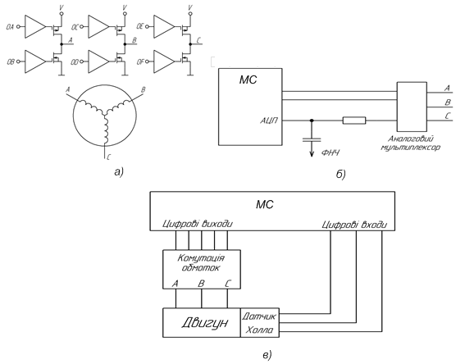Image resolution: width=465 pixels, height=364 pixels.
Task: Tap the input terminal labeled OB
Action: pos(18,62)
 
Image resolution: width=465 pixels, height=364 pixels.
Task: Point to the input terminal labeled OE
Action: pos(148,27)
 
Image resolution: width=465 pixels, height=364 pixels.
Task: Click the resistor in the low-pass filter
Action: pos(354,121)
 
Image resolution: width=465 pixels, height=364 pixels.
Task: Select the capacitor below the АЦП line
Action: pos(312,139)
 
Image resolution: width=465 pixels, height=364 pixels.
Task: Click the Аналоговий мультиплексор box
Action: pos(412,107)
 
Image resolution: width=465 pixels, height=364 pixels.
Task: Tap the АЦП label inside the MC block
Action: pos(269,121)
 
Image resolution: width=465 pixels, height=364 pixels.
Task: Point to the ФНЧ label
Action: pos(331,153)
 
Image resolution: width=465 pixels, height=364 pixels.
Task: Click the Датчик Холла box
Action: pos(260,322)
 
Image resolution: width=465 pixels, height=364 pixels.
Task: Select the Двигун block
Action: pos(202,322)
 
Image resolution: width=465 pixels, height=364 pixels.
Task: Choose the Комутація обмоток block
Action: pos(202,269)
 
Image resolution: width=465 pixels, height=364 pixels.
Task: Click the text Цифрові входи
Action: pos(354,225)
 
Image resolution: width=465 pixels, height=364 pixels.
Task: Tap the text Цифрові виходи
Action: pos(198,224)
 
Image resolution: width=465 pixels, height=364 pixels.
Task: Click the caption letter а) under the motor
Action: pos(118,171)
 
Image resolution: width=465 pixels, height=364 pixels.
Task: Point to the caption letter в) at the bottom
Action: pos(267,354)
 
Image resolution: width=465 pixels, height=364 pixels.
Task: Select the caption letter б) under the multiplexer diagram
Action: pos(341,174)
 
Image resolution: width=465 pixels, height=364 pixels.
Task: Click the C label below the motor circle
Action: pos(109,157)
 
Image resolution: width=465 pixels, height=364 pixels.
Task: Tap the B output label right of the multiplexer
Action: pos(448,102)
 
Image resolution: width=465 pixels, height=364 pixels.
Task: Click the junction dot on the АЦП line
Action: pos(312,121)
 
